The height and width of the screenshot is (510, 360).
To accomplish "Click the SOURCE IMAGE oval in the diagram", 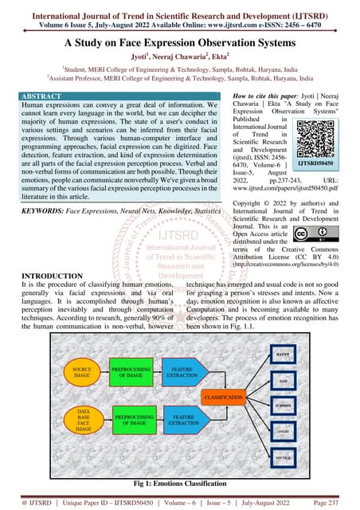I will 84,374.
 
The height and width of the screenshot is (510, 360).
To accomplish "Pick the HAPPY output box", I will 281,353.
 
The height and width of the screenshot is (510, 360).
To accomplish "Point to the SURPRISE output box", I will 281,406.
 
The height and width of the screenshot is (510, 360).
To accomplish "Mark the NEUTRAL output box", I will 281,460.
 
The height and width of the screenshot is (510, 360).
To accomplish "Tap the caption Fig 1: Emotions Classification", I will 180,483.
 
